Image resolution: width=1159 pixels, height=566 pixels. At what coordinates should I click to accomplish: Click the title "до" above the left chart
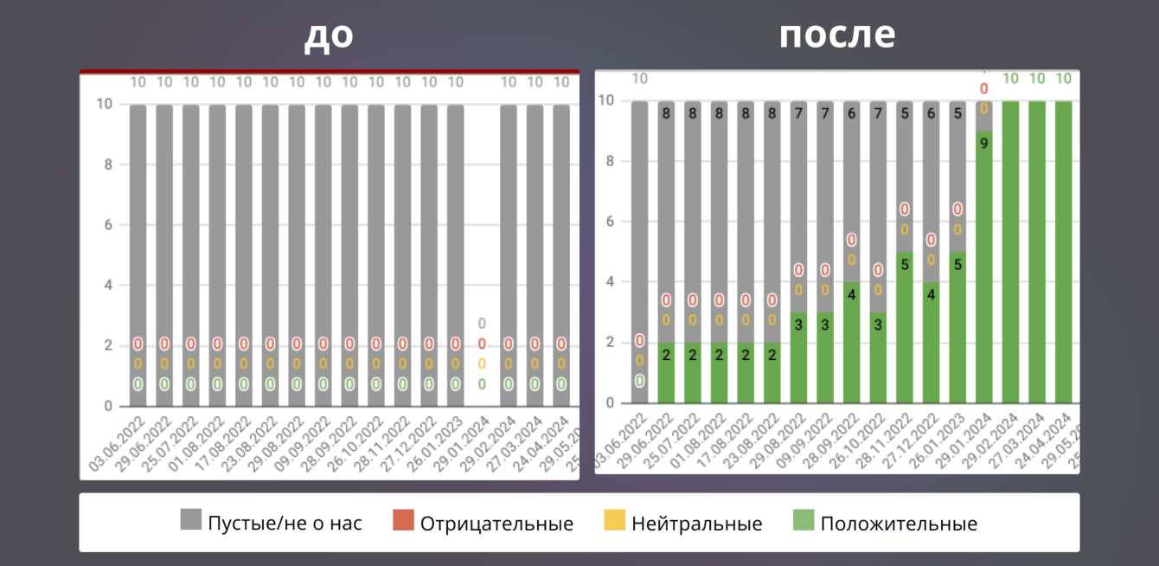pyautogui.click(x=329, y=36)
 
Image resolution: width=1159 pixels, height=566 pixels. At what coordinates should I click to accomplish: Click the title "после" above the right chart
pyautogui.click(x=836, y=35)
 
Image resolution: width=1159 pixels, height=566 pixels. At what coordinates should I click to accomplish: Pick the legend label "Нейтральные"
pyautogui.click(x=697, y=524)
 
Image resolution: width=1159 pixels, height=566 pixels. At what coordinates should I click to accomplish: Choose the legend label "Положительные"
pyautogui.click(x=899, y=524)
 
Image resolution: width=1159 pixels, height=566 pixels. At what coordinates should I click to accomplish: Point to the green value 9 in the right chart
pyautogui.click(x=984, y=145)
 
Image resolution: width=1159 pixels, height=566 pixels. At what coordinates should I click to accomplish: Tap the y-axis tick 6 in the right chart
pyautogui.click(x=611, y=222)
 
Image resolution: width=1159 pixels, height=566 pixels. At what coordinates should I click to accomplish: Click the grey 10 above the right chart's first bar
pyautogui.click(x=639, y=79)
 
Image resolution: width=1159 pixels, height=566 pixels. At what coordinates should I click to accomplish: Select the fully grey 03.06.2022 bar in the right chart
pyautogui.click(x=639, y=216)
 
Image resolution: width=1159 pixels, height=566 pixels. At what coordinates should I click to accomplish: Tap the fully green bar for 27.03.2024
pyautogui.click(x=1037, y=251)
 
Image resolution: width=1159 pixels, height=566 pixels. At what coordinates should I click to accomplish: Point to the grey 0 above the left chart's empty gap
pyautogui.click(x=482, y=324)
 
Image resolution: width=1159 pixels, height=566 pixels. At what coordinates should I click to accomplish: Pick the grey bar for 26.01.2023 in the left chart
pyautogui.click(x=455, y=225)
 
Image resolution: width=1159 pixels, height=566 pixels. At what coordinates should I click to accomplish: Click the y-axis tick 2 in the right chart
pyautogui.click(x=611, y=343)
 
